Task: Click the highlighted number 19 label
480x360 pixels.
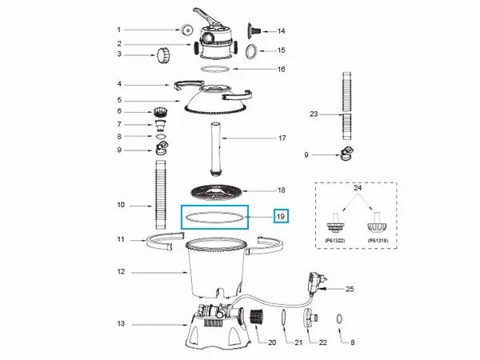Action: tap(281, 217)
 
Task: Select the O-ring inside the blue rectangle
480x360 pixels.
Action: tap(215, 217)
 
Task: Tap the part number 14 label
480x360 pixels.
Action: tap(281, 31)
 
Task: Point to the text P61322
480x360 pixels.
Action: tap(334, 241)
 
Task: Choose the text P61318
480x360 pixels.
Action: tap(378, 241)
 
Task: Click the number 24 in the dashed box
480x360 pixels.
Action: tap(358, 188)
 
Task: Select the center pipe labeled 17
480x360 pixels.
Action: tap(216, 149)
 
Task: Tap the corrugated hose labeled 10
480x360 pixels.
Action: tap(161, 194)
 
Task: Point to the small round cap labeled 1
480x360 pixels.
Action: tap(186, 30)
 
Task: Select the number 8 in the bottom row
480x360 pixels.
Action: tap(352, 342)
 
